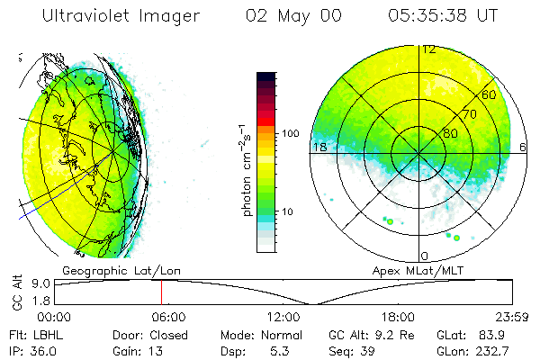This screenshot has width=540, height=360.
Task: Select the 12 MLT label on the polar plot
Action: [429, 49]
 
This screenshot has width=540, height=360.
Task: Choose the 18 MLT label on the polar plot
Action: [318, 147]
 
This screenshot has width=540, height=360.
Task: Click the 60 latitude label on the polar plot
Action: [490, 94]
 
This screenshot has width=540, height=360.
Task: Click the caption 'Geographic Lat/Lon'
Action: [112, 270]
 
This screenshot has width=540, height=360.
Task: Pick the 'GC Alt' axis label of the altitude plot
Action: [16, 294]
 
